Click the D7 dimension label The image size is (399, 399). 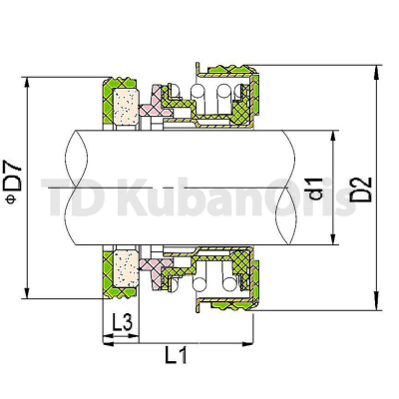coord(14,177)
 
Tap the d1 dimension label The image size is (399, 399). coord(316,189)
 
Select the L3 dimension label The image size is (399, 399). coord(123,322)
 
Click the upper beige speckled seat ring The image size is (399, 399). coord(126,106)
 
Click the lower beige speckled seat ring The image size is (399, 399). coord(126,268)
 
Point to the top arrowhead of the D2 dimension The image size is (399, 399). coord(376,73)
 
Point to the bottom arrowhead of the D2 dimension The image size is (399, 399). coord(376,302)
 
